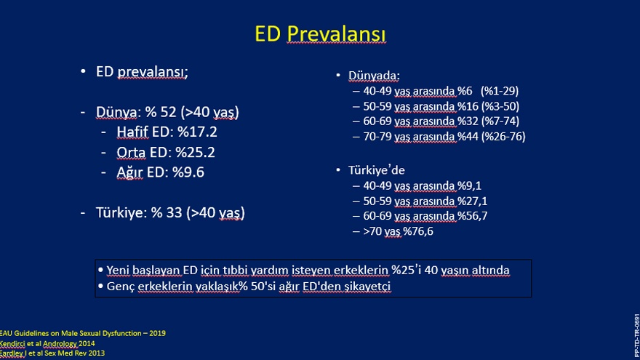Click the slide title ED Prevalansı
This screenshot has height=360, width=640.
pyautogui.click(x=320, y=34)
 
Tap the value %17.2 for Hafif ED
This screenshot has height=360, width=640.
pyautogui.click(x=197, y=132)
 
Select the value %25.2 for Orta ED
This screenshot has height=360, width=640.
pyautogui.click(x=195, y=152)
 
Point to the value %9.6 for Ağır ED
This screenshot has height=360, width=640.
pyautogui.click(x=188, y=172)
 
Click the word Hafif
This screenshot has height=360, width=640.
pyautogui.click(x=132, y=132)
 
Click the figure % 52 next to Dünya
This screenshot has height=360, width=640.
pyautogui.click(x=161, y=112)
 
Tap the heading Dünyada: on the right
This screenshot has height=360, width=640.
pyautogui.click(x=374, y=76)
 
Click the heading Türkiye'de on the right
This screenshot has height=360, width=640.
pyautogui.click(x=376, y=170)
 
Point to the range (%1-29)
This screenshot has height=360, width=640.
pyautogui.click(x=500, y=91)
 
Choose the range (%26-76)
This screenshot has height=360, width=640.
pyautogui.click(x=503, y=136)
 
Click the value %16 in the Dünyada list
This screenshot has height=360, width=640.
pyautogui.click(x=468, y=106)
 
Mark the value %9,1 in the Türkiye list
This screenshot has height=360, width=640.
pyautogui.click(x=469, y=185)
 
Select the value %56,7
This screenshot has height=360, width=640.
pyautogui.click(x=472, y=216)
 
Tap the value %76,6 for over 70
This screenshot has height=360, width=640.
pyautogui.click(x=418, y=231)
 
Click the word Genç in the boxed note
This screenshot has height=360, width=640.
pyautogui.click(x=121, y=287)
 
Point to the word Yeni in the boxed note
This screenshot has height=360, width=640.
pyautogui.click(x=118, y=271)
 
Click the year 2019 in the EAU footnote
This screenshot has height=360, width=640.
pyautogui.click(x=157, y=333)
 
